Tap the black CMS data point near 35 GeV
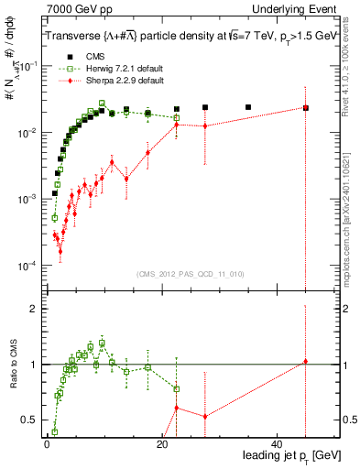tap(248, 107)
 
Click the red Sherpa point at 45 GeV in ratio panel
tap(306, 362)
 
